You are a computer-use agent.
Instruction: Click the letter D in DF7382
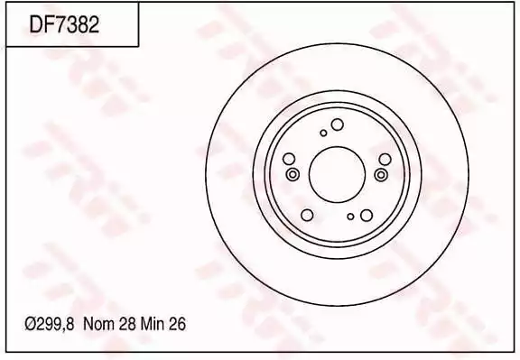36,24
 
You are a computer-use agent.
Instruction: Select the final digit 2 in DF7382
94,24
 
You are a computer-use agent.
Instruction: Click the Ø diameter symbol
31,324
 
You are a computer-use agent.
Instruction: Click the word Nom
99,324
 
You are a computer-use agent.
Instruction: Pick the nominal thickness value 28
126,324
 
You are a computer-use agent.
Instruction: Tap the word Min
153,324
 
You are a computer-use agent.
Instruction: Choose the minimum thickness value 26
177,324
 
